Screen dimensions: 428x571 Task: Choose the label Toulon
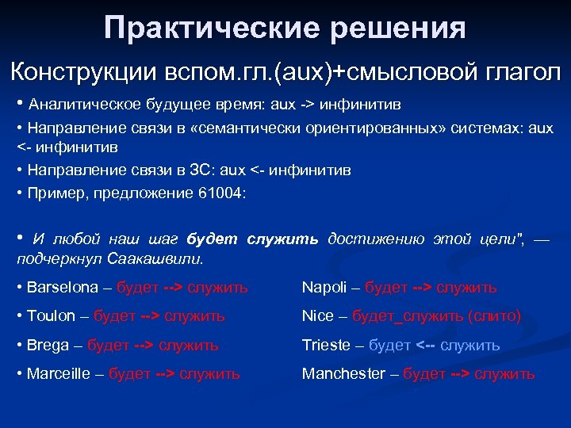tap(51, 315)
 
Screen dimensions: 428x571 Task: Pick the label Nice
tap(318, 315)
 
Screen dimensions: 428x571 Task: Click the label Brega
tap(48, 345)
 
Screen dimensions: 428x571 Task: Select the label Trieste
tap(326, 345)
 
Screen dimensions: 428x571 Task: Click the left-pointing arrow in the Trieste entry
tap(425, 345)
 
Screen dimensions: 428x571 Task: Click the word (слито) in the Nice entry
tap(494, 315)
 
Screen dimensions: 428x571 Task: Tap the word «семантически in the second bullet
tap(262, 128)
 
